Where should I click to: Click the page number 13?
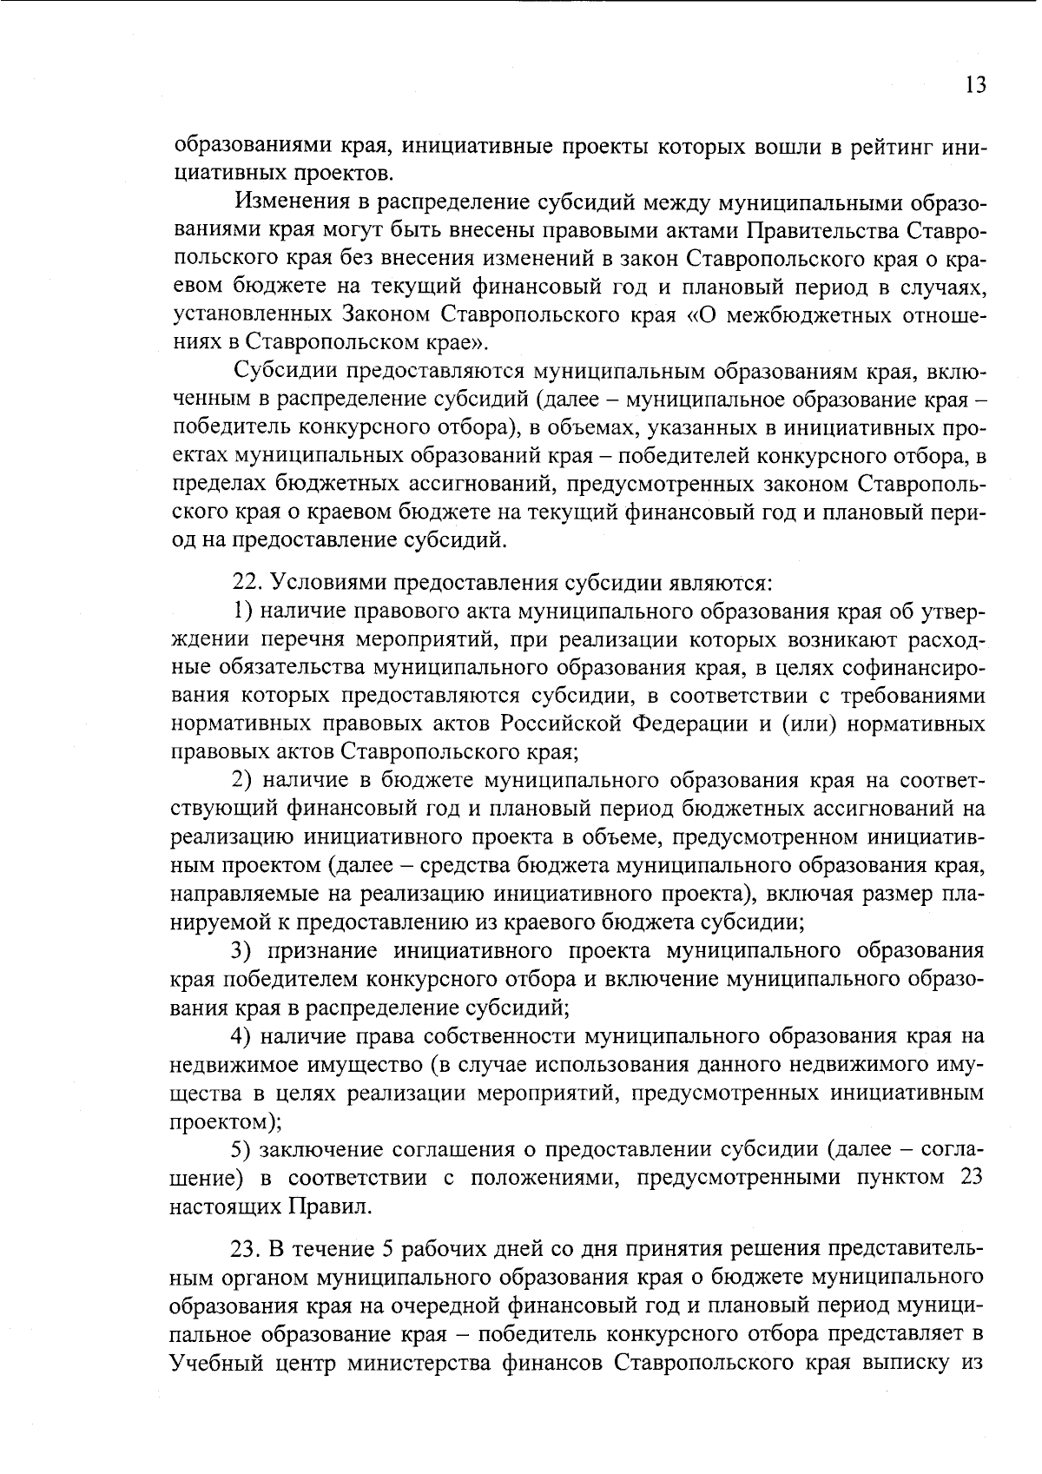point(974,86)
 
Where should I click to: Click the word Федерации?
point(687,724)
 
